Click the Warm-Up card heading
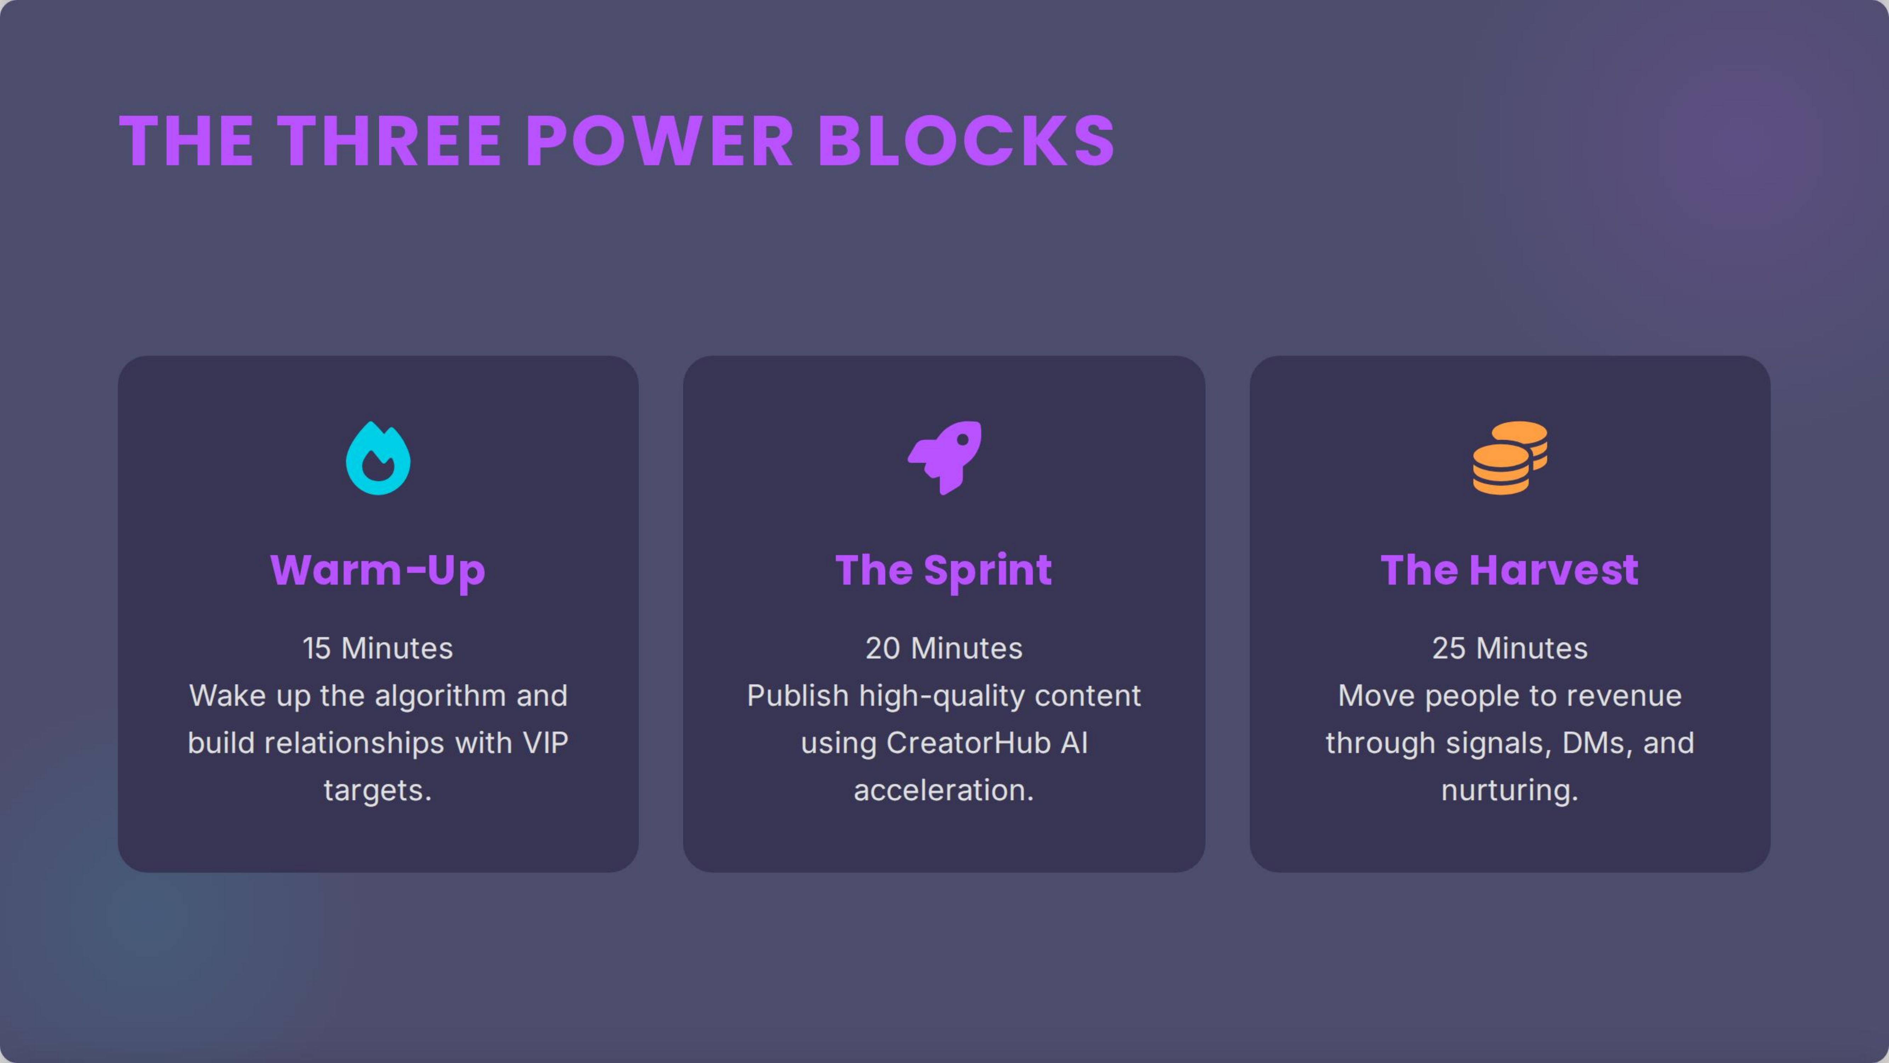coord(378,570)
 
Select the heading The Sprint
coord(944,570)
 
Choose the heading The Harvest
coord(1509,570)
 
